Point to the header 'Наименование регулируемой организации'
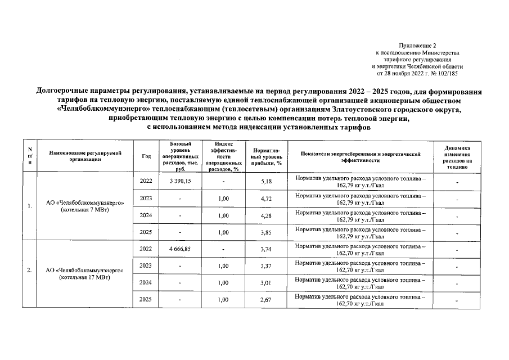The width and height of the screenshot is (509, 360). click(x=85, y=156)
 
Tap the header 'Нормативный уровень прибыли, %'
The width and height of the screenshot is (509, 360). click(x=267, y=157)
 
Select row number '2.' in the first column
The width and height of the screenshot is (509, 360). click(x=28, y=273)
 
